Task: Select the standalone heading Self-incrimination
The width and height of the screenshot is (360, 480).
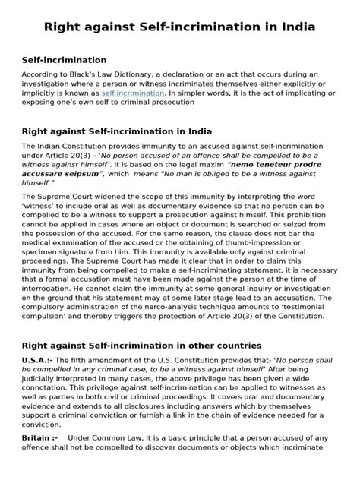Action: click(64, 59)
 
